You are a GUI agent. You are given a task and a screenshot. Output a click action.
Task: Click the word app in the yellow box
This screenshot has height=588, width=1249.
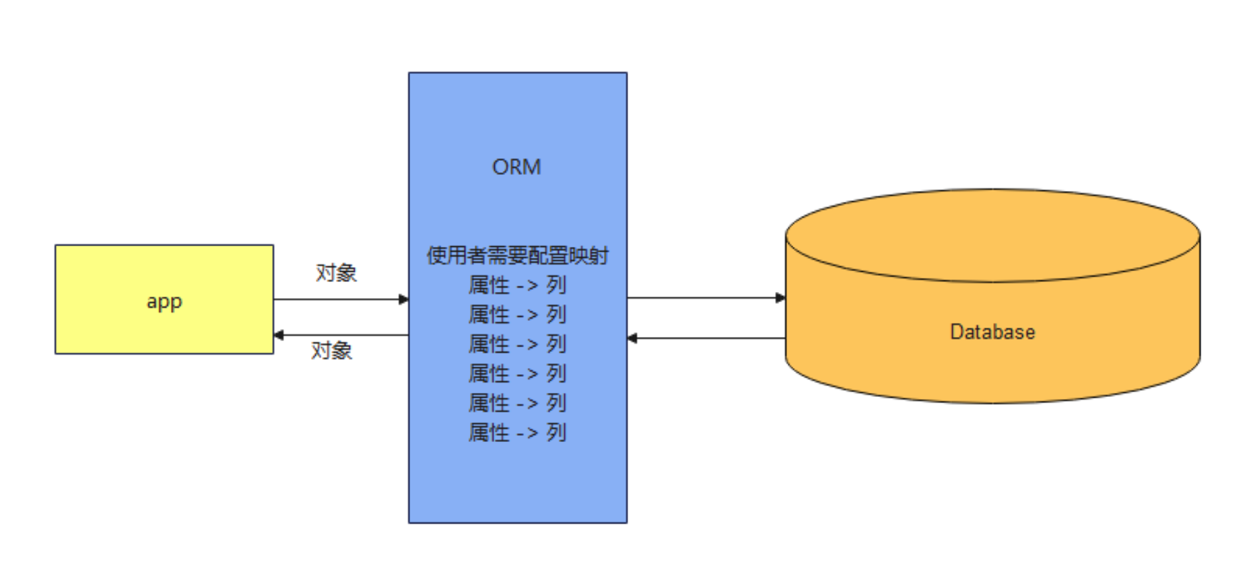[164, 301]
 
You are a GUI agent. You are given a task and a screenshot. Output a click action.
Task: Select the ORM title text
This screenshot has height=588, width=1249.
[516, 167]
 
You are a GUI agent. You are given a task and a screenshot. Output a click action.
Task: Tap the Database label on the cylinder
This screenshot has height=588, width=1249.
[992, 332]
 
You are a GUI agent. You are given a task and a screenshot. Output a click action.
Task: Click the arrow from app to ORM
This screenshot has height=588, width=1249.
[340, 299]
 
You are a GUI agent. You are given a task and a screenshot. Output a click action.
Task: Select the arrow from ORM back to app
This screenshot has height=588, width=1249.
[340, 334]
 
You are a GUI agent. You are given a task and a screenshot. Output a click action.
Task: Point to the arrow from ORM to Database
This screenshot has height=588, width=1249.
[706, 297]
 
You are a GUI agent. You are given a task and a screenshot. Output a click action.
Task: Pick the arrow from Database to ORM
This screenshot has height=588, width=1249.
[706, 338]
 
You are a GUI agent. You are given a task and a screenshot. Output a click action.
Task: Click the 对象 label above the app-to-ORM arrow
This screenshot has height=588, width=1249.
[336, 272]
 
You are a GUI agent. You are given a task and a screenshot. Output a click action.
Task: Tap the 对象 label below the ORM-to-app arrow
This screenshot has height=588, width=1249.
[331, 351]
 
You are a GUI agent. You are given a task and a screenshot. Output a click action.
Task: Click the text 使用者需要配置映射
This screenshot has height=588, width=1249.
[517, 256]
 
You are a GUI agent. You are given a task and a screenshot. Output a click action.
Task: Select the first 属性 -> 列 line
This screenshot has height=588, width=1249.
[517, 285]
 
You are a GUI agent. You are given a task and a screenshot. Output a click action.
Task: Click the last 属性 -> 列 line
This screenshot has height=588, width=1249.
[517, 432]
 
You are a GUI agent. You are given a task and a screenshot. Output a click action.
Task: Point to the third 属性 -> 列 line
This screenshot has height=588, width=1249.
[517, 344]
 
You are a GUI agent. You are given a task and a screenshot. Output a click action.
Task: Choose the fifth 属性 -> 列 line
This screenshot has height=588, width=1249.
[517, 402]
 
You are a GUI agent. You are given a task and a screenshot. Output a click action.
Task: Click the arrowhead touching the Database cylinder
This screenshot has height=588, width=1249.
[780, 297]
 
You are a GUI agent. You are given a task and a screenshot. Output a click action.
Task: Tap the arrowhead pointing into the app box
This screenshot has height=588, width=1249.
[279, 334]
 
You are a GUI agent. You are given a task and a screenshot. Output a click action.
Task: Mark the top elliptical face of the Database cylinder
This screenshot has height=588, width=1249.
[992, 235]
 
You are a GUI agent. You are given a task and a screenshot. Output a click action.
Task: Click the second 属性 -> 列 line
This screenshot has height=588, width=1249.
[517, 314]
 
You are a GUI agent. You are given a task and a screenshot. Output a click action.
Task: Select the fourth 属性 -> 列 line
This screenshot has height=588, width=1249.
[517, 373]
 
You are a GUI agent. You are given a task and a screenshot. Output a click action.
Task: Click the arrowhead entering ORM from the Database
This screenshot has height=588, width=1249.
[632, 338]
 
